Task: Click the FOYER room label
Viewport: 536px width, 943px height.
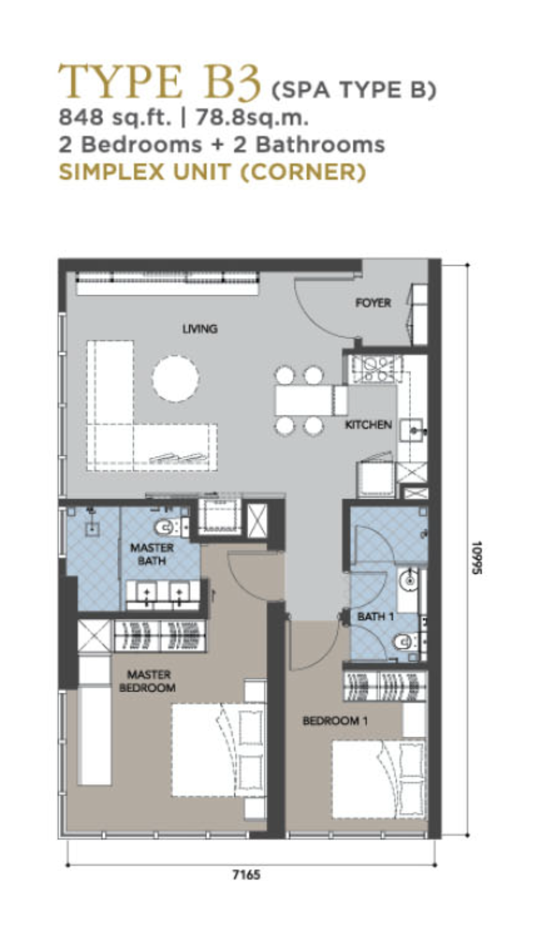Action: coord(373,303)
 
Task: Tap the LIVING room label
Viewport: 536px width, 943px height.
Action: coord(200,329)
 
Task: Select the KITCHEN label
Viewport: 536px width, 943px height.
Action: coord(368,425)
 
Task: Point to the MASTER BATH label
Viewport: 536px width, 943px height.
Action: coord(152,554)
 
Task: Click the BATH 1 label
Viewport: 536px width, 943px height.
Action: coord(376,617)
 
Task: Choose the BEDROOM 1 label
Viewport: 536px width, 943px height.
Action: coord(335,721)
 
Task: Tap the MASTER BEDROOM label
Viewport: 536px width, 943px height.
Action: coord(148,681)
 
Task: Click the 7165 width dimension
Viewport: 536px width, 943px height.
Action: coord(246,875)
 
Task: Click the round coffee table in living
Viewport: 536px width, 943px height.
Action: coord(176,378)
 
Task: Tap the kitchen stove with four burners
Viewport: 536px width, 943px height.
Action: coord(372,369)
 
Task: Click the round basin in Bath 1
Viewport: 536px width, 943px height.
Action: coord(408,580)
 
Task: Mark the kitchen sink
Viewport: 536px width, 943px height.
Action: coord(411,430)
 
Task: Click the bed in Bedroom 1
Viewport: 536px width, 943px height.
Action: coord(379,780)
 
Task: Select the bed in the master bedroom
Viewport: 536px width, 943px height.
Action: coord(218,750)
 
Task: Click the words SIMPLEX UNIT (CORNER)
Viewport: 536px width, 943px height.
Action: coord(213,172)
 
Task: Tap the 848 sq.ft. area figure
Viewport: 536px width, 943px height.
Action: coord(115,118)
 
